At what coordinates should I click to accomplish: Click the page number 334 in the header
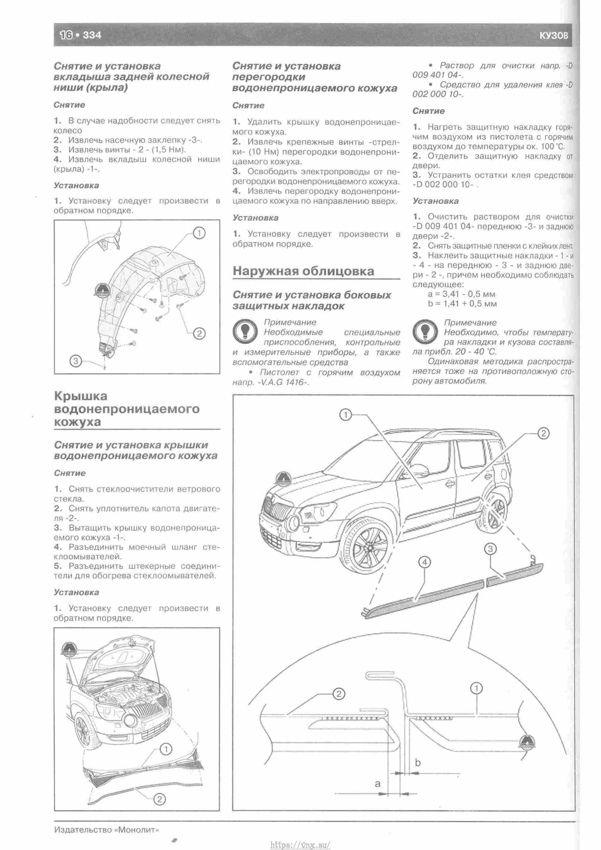[92, 35]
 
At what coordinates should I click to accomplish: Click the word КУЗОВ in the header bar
[553, 35]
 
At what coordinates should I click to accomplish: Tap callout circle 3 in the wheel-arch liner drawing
[75, 361]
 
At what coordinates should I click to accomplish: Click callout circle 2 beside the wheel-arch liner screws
[199, 333]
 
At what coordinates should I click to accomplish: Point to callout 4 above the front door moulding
[425, 562]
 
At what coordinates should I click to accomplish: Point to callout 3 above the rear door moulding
[490, 549]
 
